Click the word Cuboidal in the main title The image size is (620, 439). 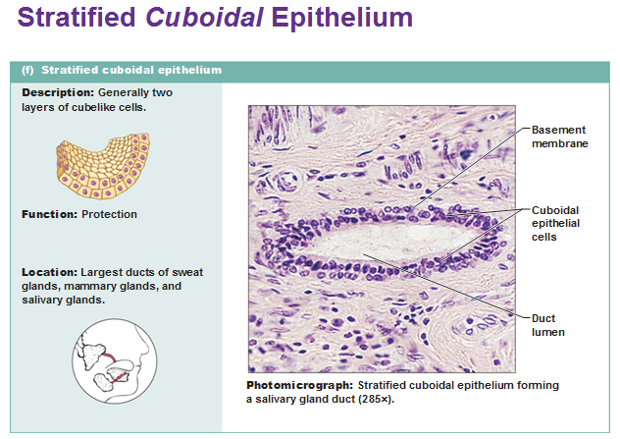[x=204, y=18]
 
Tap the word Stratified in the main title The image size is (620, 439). [x=77, y=18]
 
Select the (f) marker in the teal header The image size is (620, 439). [x=27, y=70]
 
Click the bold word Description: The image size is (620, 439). [x=58, y=92]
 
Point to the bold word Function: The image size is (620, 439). [x=49, y=214]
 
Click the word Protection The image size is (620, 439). [x=109, y=214]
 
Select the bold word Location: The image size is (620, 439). [x=49, y=272]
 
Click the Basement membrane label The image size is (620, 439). [x=559, y=137]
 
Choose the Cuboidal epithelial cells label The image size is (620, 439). [x=555, y=224]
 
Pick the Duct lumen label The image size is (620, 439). [x=548, y=325]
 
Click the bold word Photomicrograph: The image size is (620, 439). [x=300, y=386]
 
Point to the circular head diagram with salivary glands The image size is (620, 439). [x=115, y=361]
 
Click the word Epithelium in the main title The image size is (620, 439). [x=342, y=18]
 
